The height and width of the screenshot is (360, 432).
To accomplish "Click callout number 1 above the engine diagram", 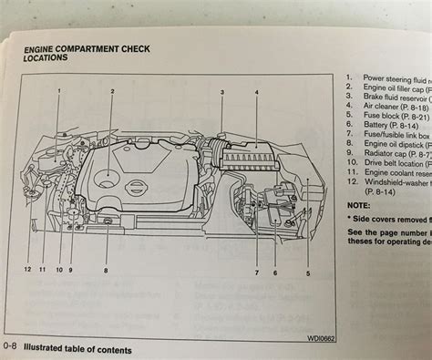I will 58,92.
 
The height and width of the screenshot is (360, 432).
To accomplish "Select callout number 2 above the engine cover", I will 112,92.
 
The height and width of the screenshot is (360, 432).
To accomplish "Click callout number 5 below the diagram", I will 307,247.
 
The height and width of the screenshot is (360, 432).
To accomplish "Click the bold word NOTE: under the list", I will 359,205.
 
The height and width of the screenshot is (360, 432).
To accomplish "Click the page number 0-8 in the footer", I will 10,350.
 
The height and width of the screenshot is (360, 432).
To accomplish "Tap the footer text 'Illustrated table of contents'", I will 77,350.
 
